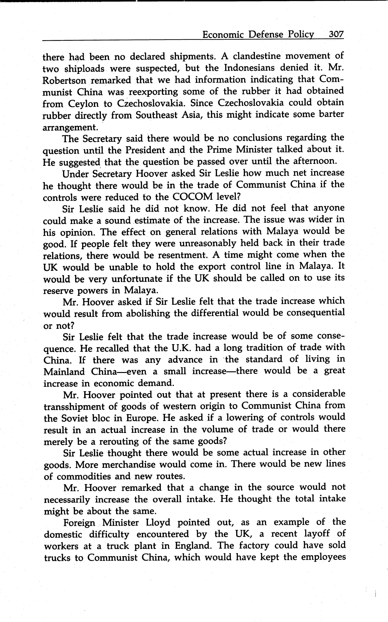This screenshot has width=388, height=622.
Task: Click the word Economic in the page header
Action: (223, 34)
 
